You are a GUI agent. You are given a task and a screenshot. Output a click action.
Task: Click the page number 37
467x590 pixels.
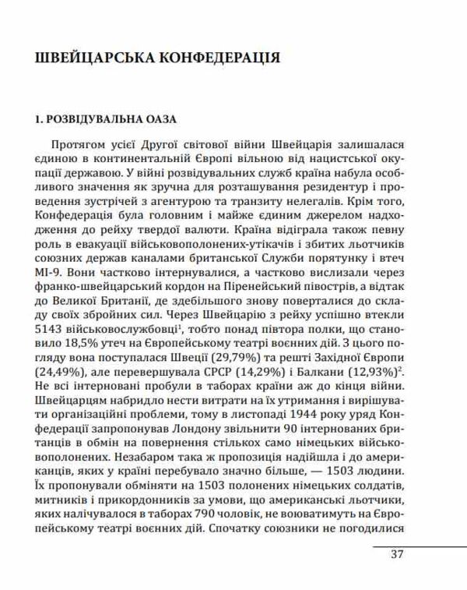coord(397,555)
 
